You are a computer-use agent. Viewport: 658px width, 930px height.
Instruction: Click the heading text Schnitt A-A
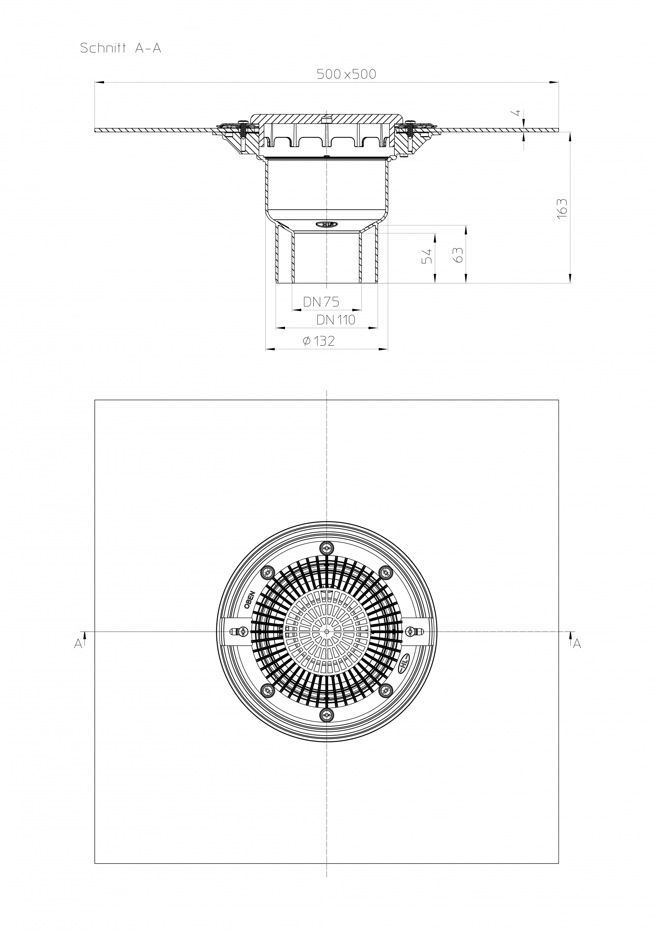121,49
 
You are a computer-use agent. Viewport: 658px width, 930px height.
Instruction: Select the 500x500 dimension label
346,74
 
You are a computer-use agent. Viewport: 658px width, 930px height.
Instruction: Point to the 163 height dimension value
562,209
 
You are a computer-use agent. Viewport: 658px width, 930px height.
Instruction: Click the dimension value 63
458,255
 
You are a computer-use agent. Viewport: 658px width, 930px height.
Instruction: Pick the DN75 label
321,302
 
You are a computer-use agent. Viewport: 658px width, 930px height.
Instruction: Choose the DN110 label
335,320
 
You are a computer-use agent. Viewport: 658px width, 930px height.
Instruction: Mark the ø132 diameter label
319,341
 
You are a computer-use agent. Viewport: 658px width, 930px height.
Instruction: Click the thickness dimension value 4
517,113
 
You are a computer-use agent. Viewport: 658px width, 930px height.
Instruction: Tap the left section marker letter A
78,644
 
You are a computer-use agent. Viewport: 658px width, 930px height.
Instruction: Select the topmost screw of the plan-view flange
326,549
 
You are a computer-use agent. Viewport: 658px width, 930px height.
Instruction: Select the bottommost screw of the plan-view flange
326,715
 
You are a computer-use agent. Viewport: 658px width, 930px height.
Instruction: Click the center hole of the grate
326,632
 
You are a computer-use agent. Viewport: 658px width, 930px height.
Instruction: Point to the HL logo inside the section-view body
326,224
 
